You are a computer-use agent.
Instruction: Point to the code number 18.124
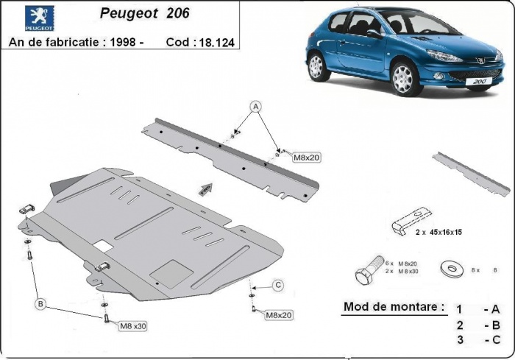[216, 43]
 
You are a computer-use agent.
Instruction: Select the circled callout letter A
[256, 105]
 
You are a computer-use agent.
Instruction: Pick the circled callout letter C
[278, 285]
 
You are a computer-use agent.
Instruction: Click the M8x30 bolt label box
[132, 325]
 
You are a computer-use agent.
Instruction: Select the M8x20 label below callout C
[279, 315]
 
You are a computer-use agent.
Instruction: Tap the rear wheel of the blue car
[317, 66]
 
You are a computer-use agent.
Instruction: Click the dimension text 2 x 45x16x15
[440, 230]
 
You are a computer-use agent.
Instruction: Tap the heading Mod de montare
[394, 306]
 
